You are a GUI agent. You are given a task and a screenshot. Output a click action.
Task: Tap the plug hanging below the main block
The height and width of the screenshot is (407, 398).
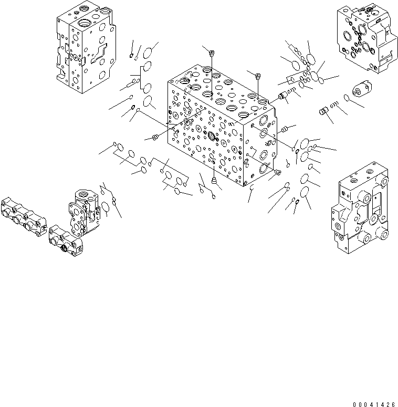coord(214,181)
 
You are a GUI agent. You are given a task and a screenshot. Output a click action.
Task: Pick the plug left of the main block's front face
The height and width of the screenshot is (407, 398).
coord(155,138)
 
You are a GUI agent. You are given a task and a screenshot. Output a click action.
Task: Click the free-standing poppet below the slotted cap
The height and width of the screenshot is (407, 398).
coord(324,111)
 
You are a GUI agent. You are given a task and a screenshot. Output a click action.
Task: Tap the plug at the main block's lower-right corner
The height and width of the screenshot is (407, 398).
coord(278,173)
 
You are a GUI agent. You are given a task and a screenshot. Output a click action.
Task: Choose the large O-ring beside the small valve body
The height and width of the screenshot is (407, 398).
coord(107,208)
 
